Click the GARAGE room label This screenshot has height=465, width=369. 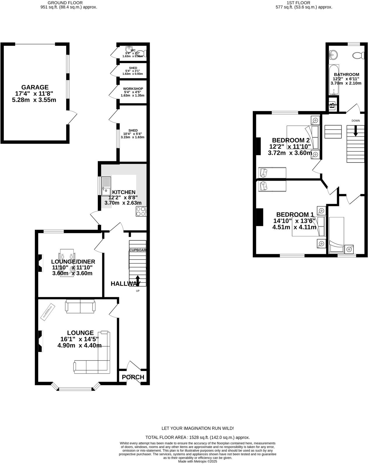35,87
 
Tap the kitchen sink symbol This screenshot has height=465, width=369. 106,186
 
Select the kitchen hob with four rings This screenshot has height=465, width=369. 141,211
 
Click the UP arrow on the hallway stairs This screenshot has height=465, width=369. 138,280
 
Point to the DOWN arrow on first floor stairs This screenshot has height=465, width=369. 356,130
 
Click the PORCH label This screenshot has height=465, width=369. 133,377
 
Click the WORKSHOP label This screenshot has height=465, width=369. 133,89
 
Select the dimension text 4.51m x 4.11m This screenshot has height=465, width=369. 294,227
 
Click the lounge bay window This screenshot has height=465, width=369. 76,388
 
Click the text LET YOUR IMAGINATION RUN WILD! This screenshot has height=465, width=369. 198,428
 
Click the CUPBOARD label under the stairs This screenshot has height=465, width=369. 137,250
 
